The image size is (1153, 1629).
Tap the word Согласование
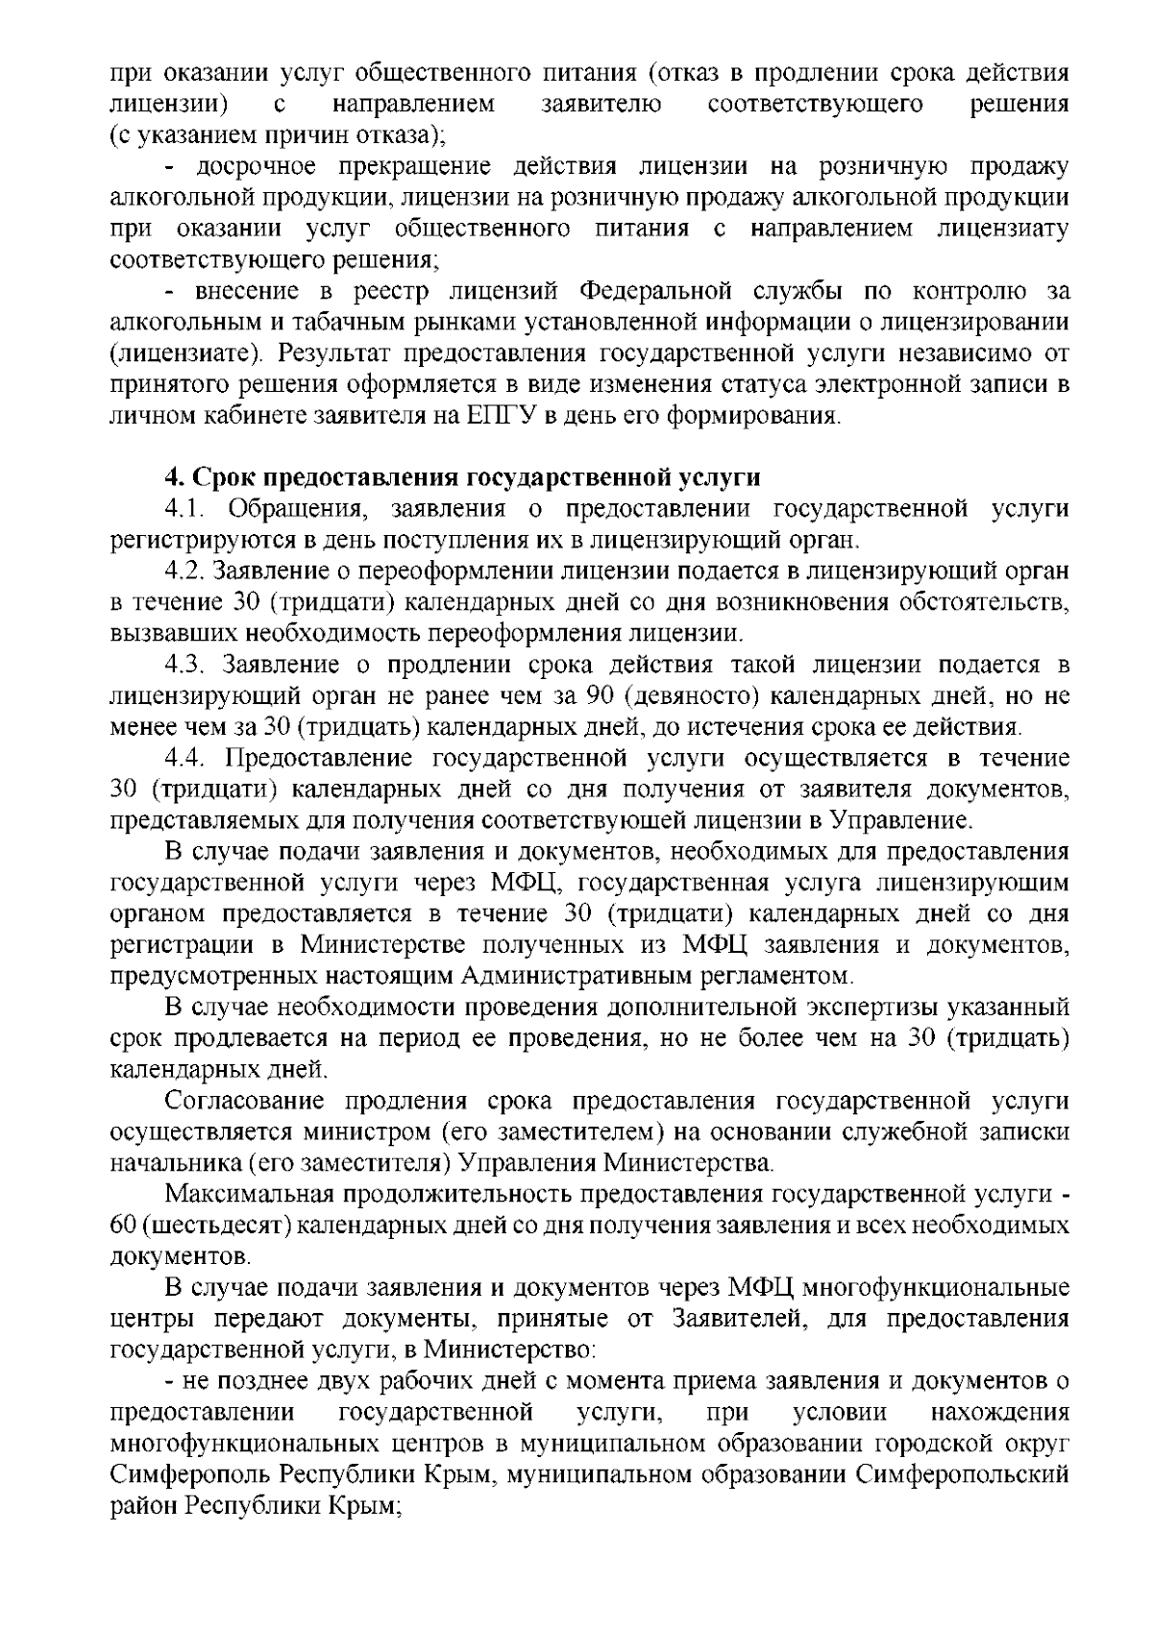pyautogui.click(x=245, y=1102)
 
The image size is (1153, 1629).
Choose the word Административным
pyautogui.click(x=574, y=977)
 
